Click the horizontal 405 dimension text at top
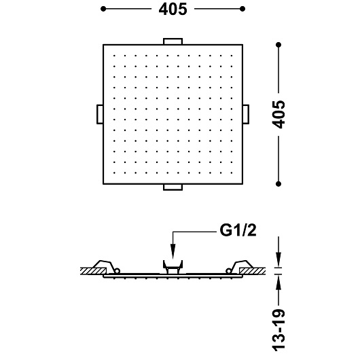tap(173, 10)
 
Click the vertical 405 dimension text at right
tap(278, 114)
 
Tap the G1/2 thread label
tap(238, 230)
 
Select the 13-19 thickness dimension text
tap(278, 330)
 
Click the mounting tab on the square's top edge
tap(173, 41)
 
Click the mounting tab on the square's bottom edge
tap(173, 187)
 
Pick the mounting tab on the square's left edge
tap(100, 114)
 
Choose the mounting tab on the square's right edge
tap(246, 114)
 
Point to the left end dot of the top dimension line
tap(103, 9)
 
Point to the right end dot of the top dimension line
tap(242, 9)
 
